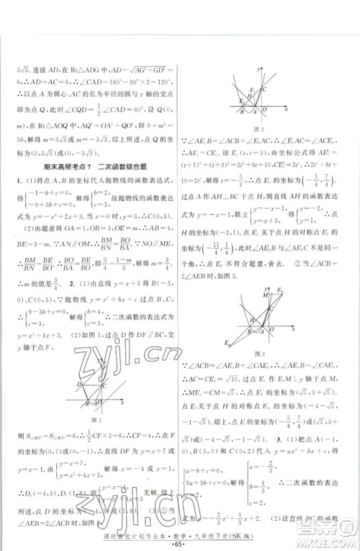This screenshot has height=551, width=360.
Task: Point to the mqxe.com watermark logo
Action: [328, 532]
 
